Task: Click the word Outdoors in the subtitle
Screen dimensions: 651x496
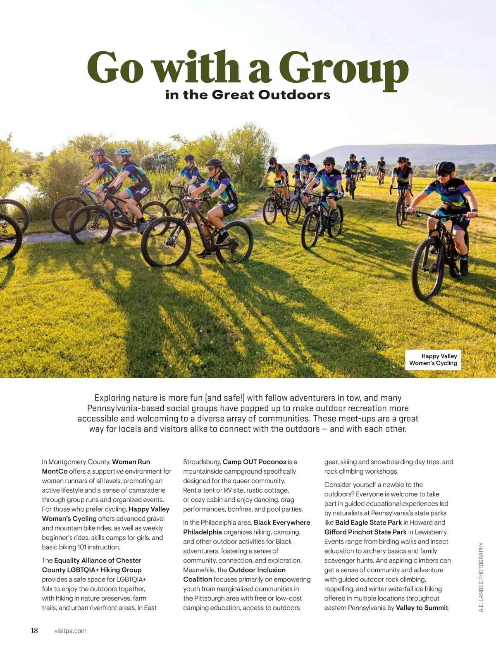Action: coord(294,95)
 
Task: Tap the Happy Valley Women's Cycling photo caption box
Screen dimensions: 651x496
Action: coord(433,360)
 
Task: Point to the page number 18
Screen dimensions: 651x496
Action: coord(34,630)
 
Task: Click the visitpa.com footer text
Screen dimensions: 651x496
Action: coord(70,631)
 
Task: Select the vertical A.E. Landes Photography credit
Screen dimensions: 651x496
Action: coord(481,577)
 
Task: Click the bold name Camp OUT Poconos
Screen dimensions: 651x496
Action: coord(254,462)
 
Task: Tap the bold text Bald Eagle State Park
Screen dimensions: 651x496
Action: coord(368,522)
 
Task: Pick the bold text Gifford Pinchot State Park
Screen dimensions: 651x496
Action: coord(365,532)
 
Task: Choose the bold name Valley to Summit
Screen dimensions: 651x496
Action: coord(422,608)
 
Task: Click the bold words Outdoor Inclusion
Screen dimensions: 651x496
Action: coord(257,570)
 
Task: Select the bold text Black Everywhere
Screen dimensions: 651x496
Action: coord(282,522)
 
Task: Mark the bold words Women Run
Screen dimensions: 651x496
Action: coord(131,462)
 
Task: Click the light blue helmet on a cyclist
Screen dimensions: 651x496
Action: coord(123,152)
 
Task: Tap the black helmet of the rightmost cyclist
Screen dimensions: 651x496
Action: coord(445,167)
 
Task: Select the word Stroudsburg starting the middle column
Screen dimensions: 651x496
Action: coord(202,462)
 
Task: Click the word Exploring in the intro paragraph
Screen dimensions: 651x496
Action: coord(112,398)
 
